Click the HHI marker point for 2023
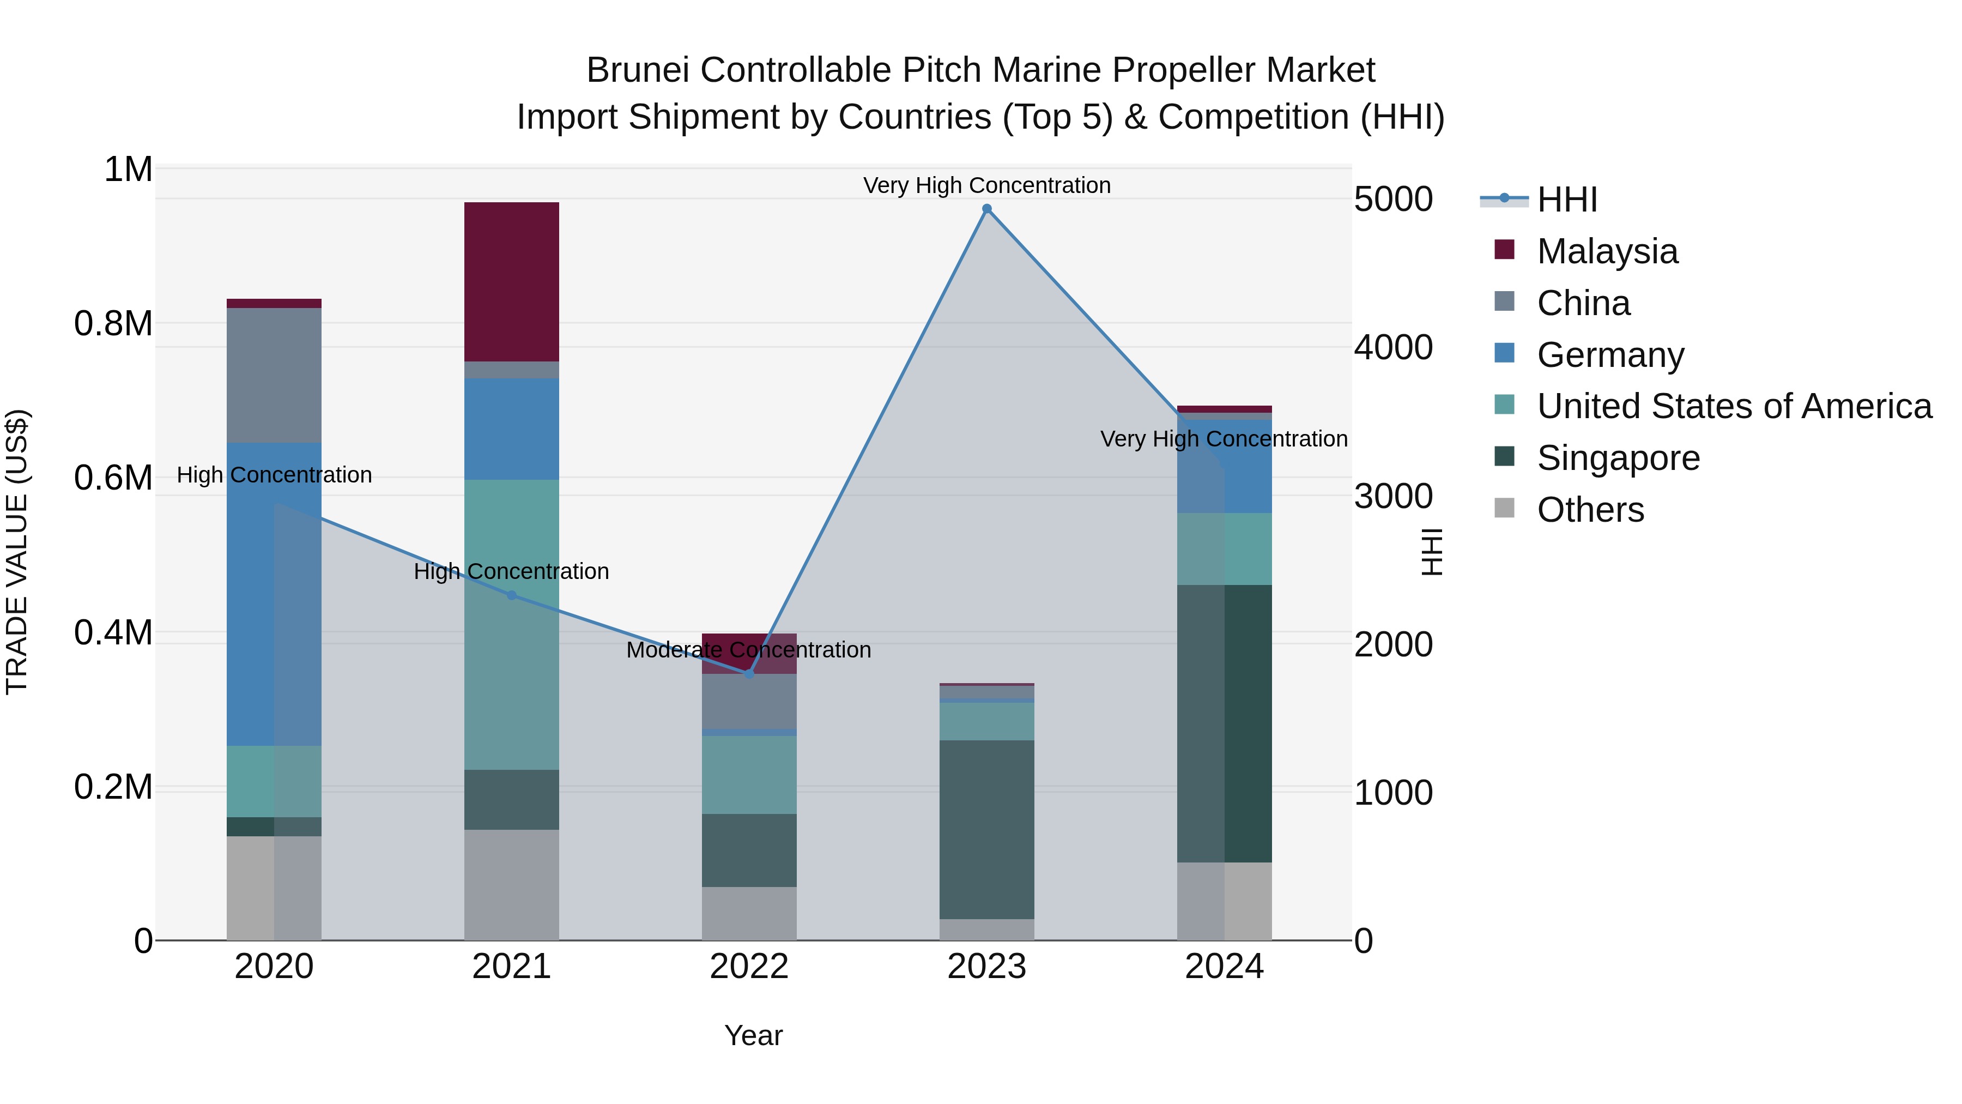tap(986, 209)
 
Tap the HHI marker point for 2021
tap(512, 595)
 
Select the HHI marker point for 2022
tap(749, 673)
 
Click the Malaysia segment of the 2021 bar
tap(512, 282)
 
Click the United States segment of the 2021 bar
tap(512, 625)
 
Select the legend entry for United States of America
tap(1734, 406)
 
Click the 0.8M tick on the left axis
tap(113, 324)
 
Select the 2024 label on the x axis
tap(1224, 967)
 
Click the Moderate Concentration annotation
tap(749, 650)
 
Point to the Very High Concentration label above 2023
tap(986, 185)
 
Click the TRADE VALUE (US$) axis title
tap(17, 552)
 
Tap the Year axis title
tap(753, 1035)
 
